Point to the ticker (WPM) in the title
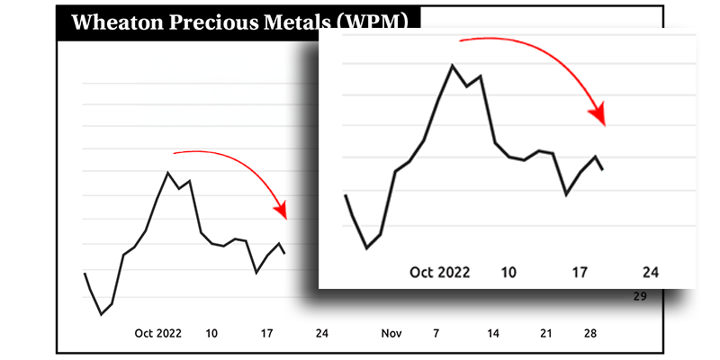370,22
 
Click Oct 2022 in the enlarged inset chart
440,272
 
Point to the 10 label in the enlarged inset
508,272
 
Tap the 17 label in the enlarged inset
580,272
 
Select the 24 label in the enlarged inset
651,272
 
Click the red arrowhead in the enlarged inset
598,117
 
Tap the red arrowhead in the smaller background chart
282,212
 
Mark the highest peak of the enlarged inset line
452,65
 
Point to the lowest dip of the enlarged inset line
366,247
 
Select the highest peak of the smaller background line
168,172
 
